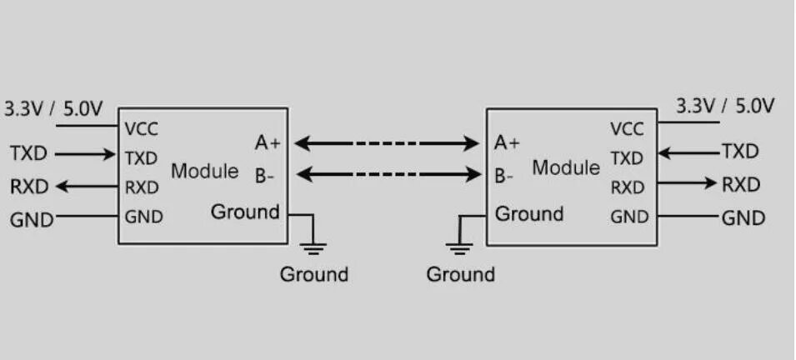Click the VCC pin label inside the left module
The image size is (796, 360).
[141, 129]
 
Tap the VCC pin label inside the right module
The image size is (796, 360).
[627, 129]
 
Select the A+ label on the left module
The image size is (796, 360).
[268, 143]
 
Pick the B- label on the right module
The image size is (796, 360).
[503, 176]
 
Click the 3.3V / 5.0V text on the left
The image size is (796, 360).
[54, 109]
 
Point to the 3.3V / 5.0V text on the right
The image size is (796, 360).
[724, 106]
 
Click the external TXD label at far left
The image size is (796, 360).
[28, 154]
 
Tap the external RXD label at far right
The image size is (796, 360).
[741, 184]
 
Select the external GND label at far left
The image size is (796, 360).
[31, 220]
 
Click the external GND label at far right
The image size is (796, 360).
[743, 218]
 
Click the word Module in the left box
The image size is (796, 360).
[205, 171]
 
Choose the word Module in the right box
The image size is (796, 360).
[566, 167]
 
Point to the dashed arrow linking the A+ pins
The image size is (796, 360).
[387, 144]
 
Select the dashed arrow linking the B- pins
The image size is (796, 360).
[387, 175]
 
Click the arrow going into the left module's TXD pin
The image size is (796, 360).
[87, 154]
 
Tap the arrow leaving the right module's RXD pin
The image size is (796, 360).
[687, 183]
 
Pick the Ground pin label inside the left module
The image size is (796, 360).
[244, 212]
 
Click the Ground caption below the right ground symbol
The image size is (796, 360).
[460, 274]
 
